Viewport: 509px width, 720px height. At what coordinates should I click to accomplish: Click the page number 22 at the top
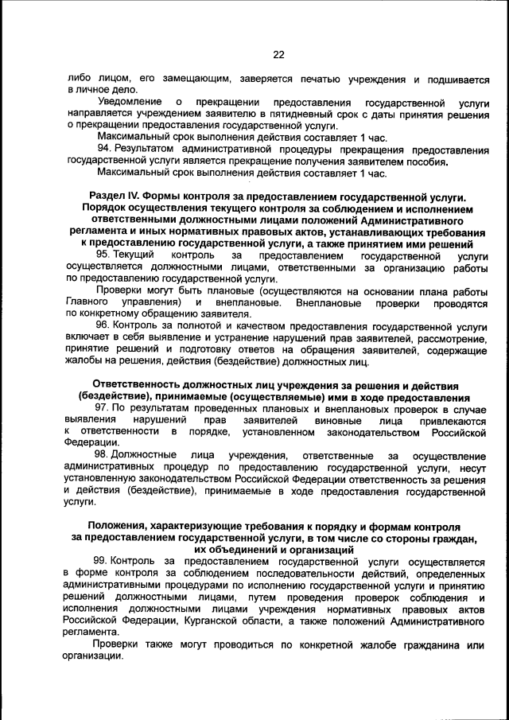[x=278, y=55]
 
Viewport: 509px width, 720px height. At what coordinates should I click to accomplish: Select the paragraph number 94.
[x=103, y=150]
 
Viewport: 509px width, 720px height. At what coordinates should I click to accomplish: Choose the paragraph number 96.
[x=103, y=326]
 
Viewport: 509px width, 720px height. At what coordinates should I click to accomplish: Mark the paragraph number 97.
[x=103, y=408]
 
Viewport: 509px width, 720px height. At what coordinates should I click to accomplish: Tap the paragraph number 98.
[x=103, y=455]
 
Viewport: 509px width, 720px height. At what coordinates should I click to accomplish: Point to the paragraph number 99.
[x=103, y=562]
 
